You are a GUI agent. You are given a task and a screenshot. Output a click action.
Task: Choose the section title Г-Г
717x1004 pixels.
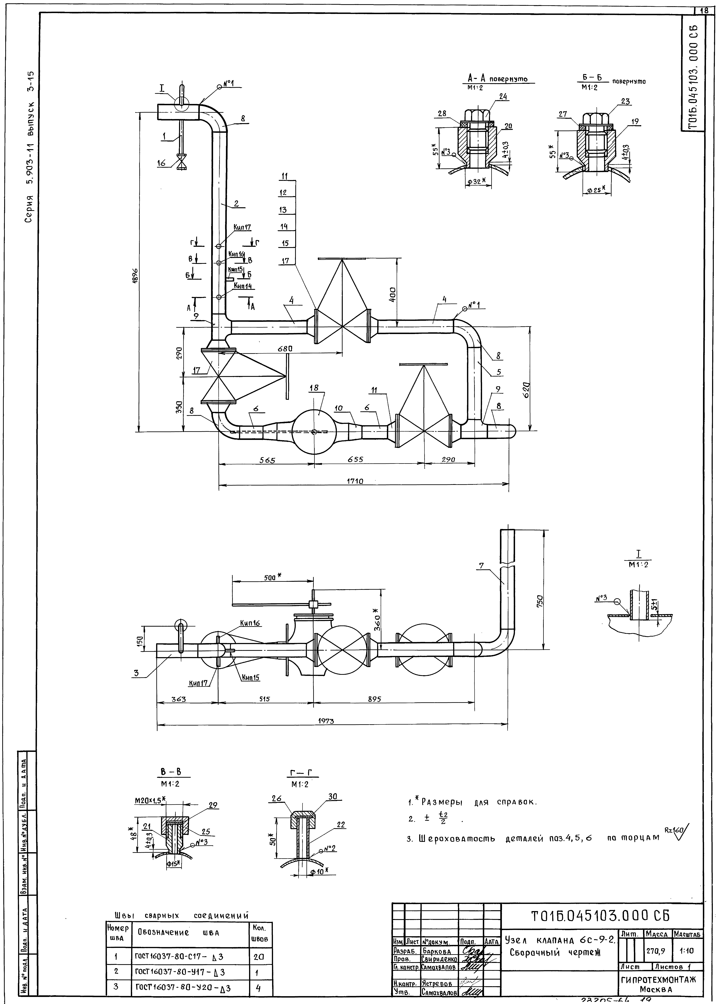(x=304, y=774)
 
